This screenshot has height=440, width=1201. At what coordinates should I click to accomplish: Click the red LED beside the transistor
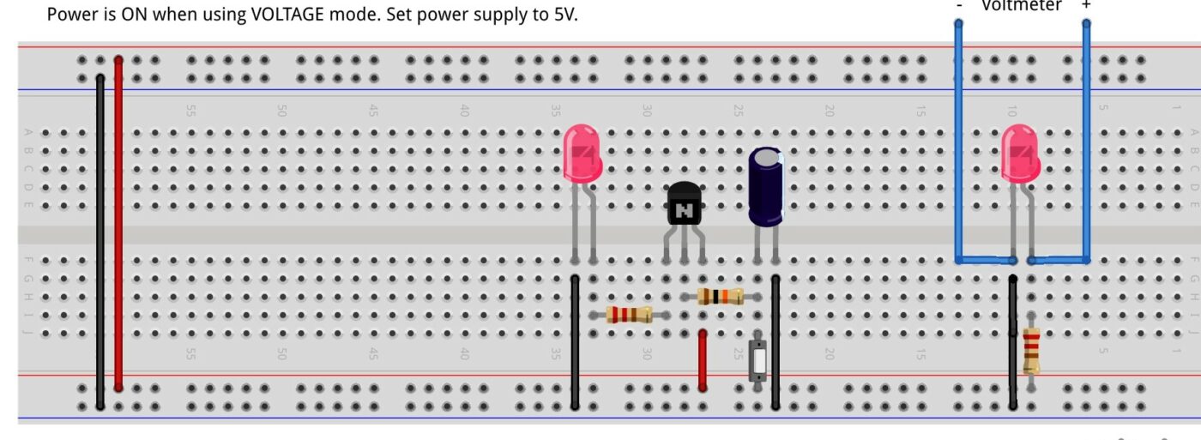[582, 153]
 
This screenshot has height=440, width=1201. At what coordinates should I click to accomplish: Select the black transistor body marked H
[684, 206]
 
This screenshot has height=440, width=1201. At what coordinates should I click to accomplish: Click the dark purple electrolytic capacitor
[765, 185]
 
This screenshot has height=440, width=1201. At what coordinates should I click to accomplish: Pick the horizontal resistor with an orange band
[720, 297]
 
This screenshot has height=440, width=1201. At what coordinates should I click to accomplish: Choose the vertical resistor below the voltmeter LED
[1031, 350]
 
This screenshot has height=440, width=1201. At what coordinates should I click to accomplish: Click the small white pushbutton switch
[757, 361]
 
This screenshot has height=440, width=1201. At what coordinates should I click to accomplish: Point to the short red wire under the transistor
[703, 360]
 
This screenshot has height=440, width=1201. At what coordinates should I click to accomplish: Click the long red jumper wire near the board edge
[118, 232]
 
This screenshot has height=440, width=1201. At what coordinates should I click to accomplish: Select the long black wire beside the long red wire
[100, 240]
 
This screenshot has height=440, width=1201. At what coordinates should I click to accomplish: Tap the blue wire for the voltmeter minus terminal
[958, 137]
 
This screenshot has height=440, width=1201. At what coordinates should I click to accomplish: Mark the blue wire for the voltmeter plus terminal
[1086, 137]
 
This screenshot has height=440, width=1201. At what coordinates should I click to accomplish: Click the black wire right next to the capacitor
[776, 343]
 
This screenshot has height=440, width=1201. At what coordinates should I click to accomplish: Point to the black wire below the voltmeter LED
[1013, 343]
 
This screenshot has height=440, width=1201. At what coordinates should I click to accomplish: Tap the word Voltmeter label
[1021, 5]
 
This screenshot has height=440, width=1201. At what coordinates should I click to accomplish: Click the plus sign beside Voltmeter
[1086, 5]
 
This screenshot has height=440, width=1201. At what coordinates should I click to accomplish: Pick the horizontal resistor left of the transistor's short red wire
[629, 315]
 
